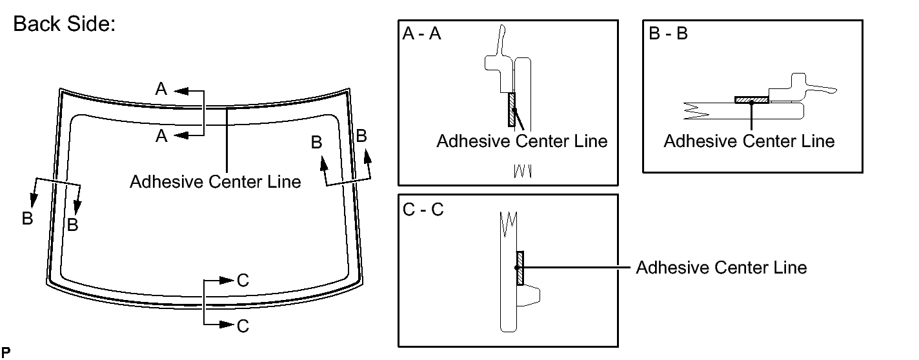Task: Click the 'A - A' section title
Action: tap(421, 34)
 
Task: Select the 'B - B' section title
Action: tap(669, 34)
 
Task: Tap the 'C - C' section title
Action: tap(423, 210)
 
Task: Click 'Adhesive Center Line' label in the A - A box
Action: tap(522, 141)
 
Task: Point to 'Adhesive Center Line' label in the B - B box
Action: tap(749, 141)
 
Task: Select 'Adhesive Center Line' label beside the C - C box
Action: tap(721, 267)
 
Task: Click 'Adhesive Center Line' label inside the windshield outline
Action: tap(215, 182)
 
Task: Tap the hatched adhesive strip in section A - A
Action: tap(512, 109)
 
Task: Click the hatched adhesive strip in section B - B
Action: tap(751, 100)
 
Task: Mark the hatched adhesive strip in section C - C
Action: tap(520, 267)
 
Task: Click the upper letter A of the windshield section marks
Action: tap(161, 90)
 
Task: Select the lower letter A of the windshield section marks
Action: tap(161, 135)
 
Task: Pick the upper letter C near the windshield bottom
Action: tap(243, 281)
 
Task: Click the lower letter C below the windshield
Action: tap(243, 326)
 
